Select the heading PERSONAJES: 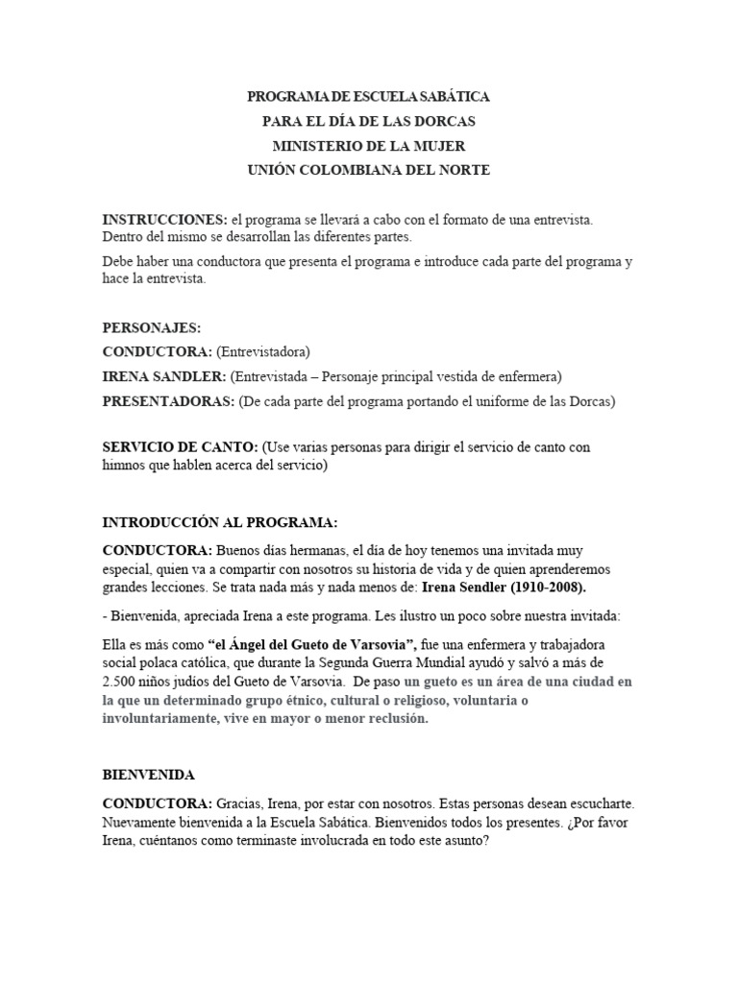pyautogui.click(x=152, y=328)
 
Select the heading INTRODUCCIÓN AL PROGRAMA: pyautogui.click(x=220, y=522)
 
